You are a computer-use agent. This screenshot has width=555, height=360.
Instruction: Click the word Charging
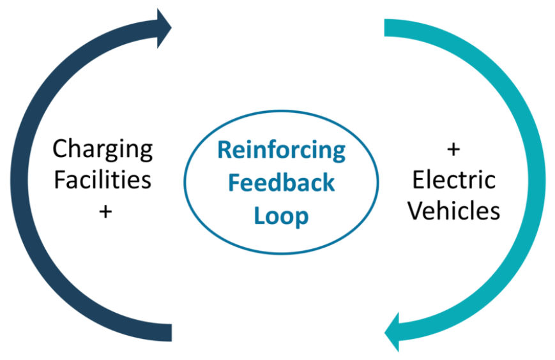click(x=102, y=150)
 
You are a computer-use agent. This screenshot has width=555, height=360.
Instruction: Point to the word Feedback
click(x=281, y=183)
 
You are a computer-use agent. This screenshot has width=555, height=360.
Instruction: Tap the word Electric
click(x=454, y=180)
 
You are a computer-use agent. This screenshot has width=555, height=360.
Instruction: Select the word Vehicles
click(x=454, y=210)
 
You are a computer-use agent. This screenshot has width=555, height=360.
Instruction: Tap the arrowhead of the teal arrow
click(x=393, y=331)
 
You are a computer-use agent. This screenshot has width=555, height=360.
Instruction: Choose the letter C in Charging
click(x=60, y=149)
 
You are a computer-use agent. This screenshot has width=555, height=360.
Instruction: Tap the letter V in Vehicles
click(x=416, y=210)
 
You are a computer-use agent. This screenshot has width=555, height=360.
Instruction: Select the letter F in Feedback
click(x=234, y=183)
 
